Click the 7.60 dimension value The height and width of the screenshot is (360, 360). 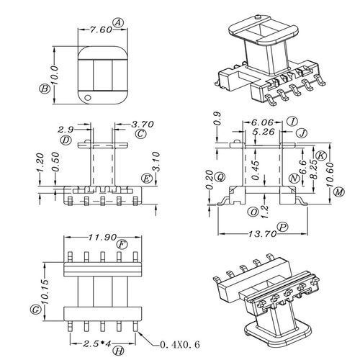point(101,30)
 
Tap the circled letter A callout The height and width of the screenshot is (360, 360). point(118,23)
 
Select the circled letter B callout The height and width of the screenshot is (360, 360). point(45,89)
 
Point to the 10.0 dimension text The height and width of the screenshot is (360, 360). point(55,75)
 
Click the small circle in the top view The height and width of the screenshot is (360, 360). point(88,97)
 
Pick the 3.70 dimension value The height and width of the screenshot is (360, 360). point(143,124)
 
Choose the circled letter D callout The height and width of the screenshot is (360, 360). point(66,140)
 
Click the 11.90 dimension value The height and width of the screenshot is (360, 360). point(102,238)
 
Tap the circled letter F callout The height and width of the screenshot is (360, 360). point(122,245)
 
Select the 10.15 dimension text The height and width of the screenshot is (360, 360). point(45,292)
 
